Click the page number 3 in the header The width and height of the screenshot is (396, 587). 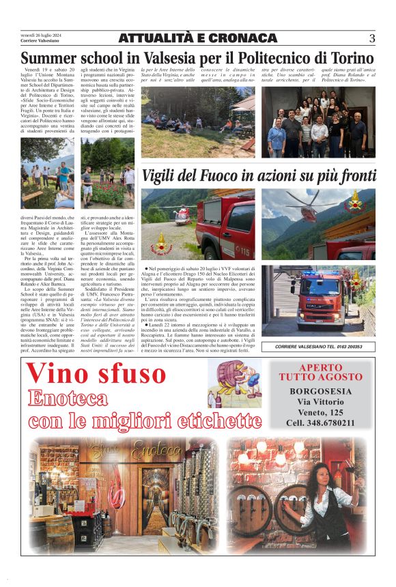click(x=371, y=38)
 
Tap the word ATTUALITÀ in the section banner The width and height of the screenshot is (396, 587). click(x=158, y=38)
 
